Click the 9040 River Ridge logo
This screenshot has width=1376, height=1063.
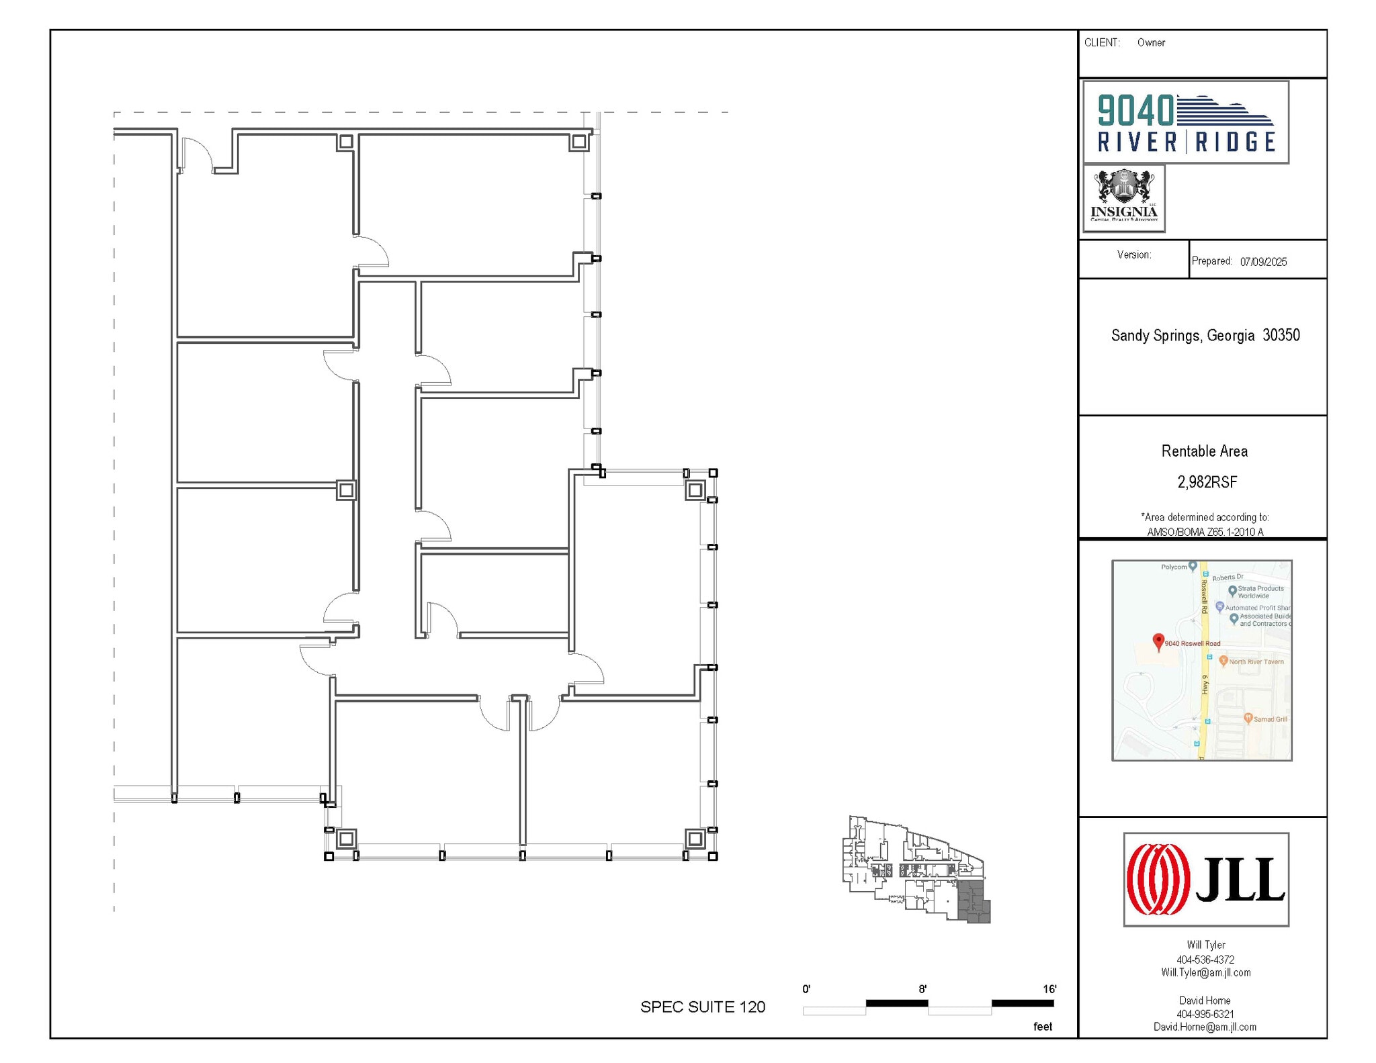tap(1185, 122)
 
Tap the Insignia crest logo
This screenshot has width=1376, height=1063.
tap(1123, 197)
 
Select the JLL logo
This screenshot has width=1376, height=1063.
tap(1205, 879)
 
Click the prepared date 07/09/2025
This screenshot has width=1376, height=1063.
tap(1263, 262)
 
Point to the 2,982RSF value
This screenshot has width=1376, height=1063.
tap(1207, 481)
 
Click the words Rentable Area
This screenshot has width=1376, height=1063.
tap(1204, 451)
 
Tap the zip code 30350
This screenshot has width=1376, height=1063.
tap(1281, 335)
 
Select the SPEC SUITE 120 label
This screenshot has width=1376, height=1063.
tap(702, 1007)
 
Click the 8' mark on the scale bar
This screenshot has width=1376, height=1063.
tap(922, 989)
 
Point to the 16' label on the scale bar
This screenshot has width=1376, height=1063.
tap(1049, 989)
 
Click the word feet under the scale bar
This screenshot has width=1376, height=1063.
tap(1042, 1027)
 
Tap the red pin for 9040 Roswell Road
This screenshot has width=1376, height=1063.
tap(1158, 641)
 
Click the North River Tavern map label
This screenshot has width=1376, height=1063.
tap(1256, 661)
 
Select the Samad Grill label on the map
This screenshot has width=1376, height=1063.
tap(1270, 719)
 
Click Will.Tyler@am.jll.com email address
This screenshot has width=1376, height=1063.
tap(1205, 972)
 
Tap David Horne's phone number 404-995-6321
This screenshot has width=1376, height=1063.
tap(1205, 1014)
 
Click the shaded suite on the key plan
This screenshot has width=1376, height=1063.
tap(972, 903)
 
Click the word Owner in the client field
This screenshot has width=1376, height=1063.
tap(1151, 43)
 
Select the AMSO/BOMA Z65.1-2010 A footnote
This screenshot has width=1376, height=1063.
tap(1205, 532)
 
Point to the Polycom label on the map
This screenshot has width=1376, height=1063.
tap(1174, 567)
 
